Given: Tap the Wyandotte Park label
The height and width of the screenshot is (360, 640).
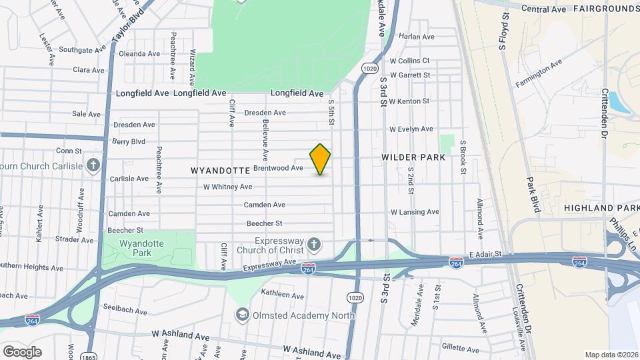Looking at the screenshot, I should (141, 249).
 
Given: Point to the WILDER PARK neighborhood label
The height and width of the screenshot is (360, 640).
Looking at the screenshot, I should (413, 157).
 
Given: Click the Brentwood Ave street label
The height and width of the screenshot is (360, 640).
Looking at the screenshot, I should (278, 169).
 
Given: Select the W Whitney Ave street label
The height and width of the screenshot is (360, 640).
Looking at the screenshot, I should (228, 187).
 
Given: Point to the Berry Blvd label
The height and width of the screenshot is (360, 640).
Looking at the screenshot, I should (129, 141).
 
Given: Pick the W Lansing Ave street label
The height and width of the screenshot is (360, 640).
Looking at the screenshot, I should (415, 212).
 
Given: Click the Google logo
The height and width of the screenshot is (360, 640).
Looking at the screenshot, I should (22, 351).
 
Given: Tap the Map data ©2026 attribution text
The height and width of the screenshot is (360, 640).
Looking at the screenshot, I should (611, 355).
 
